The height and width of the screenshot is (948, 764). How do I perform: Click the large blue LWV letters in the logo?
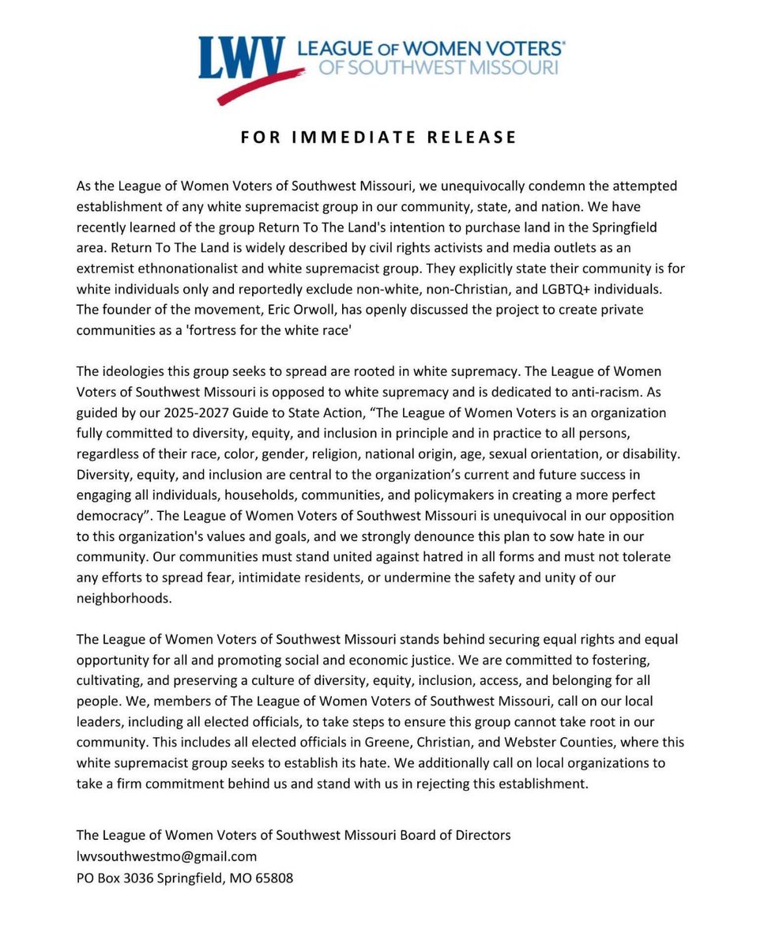pyautogui.click(x=240, y=58)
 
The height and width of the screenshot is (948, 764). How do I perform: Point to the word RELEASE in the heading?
pyautogui.click(x=472, y=137)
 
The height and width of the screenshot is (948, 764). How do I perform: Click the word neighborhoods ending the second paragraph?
pyautogui.click(x=123, y=598)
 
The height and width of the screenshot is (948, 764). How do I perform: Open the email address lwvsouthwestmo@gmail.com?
pyautogui.click(x=167, y=856)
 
